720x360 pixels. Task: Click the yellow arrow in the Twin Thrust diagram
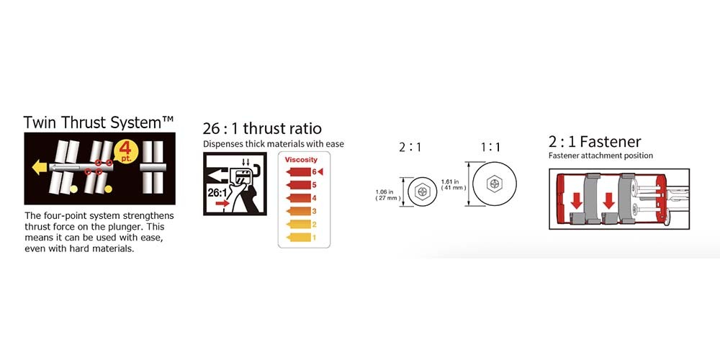click(39, 168)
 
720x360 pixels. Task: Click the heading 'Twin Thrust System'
click(99, 122)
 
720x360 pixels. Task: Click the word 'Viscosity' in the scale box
click(301, 160)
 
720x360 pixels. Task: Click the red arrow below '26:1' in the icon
click(222, 203)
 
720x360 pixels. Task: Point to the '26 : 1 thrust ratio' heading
click(262, 128)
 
